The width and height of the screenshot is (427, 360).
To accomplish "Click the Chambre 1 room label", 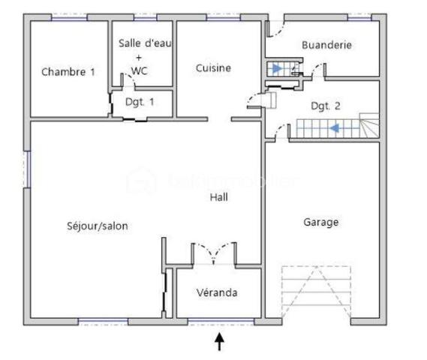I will click(68, 72).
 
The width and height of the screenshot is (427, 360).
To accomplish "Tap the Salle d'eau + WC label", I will click(145, 56).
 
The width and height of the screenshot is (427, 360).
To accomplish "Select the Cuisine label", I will click(213, 68).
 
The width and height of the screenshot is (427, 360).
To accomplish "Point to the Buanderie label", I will click(326, 45).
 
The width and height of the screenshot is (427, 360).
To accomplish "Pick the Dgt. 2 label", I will click(326, 106).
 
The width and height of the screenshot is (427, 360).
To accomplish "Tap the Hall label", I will click(219, 197).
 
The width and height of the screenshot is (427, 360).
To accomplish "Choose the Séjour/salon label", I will click(92, 225).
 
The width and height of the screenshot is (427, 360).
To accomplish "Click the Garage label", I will click(320, 222).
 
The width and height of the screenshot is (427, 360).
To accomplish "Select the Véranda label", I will click(217, 292).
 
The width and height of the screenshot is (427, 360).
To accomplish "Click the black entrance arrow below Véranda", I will click(219, 342).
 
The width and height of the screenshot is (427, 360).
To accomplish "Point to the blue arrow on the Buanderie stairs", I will click(278, 69).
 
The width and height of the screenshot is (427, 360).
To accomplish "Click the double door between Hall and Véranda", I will click(214, 253).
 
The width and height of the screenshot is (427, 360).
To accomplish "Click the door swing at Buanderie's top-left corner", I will click(276, 31).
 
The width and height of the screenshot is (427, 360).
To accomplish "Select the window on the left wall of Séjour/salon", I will click(28, 169).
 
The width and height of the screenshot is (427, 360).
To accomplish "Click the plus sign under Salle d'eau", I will click(139, 56).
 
